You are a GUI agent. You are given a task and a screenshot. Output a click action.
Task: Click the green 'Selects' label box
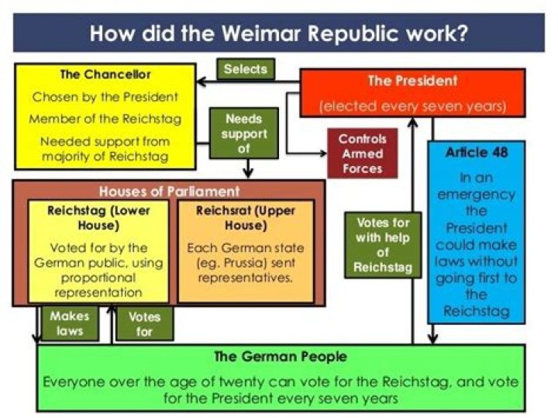pos(246,69)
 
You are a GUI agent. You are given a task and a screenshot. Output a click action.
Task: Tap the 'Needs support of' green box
pos(244,133)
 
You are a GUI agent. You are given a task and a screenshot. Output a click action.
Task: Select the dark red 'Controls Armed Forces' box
pos(362,154)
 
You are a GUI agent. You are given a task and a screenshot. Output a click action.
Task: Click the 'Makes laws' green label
pos(70,323)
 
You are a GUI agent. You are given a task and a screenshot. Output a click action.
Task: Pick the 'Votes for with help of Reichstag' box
pos(383,245)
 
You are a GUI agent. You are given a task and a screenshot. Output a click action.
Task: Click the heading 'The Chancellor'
pos(105,74)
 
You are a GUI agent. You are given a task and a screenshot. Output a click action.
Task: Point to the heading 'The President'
pos(412,81)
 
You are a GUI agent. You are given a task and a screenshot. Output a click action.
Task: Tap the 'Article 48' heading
pos(477,153)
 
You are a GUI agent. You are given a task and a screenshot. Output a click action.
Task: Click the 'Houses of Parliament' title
pos(169,192)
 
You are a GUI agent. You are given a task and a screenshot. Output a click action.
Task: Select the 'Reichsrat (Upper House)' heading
pos(246,218)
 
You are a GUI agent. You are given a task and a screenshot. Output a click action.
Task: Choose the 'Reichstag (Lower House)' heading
pos(98,218)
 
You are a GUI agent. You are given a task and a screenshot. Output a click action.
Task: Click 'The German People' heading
pos(281,357)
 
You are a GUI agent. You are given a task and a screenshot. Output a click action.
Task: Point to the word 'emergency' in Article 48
pos(476,195)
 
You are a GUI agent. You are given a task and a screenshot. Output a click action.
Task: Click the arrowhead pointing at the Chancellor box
pos(201,81)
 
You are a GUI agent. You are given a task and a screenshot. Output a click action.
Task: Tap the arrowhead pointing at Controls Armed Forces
pos(323,154)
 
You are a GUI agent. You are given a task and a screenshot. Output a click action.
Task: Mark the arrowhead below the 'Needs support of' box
pos(248,173)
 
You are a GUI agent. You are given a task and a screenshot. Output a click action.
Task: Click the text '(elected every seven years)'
pos(412,106)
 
